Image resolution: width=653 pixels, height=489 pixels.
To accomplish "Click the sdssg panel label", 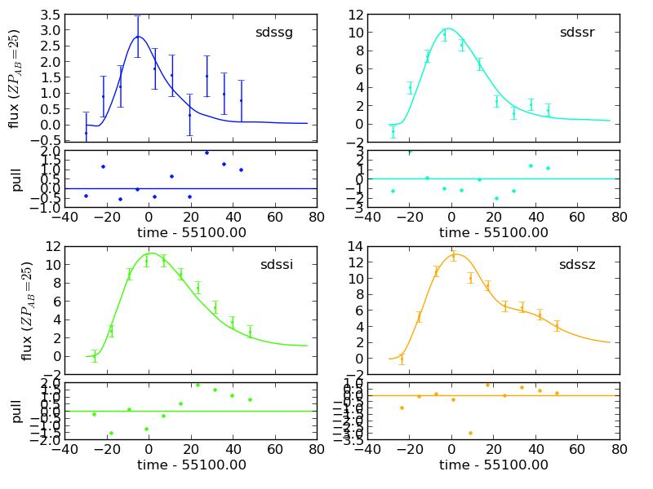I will (x=273, y=33).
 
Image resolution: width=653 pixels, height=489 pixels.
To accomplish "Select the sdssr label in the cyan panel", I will (x=577, y=33).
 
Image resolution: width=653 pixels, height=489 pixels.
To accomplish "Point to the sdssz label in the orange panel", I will (x=577, y=265).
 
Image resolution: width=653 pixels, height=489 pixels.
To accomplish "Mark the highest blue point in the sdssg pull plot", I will (x=207, y=152).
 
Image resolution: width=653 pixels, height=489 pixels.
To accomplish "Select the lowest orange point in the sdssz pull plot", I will (x=470, y=433).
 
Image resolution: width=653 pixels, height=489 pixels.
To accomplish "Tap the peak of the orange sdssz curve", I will (x=455, y=254).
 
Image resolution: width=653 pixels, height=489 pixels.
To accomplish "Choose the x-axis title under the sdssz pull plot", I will (x=494, y=465).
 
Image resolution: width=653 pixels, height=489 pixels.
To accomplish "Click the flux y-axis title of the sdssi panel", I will (x=27, y=311).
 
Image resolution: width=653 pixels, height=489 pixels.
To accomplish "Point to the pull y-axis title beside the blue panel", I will (x=17, y=179).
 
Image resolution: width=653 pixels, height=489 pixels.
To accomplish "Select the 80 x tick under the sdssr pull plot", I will (x=620, y=218).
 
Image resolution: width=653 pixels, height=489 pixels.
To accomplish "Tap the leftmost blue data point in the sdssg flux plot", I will (x=86, y=133).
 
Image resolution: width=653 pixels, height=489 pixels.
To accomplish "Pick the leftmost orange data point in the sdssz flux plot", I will (x=401, y=357).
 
